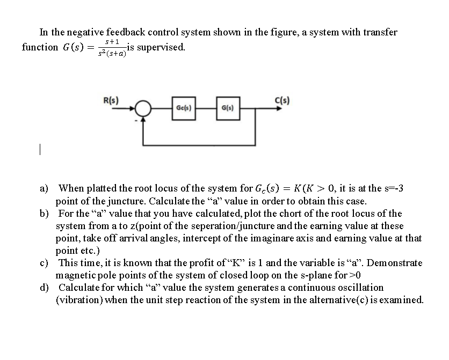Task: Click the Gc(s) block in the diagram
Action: pos(182,109)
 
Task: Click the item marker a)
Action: pos(45,188)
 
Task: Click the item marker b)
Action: pos(45,214)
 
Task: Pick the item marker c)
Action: pos(45,263)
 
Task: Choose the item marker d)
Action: pos(45,288)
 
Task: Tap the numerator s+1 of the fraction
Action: pos(112,41)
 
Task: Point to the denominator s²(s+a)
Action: pos(112,54)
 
